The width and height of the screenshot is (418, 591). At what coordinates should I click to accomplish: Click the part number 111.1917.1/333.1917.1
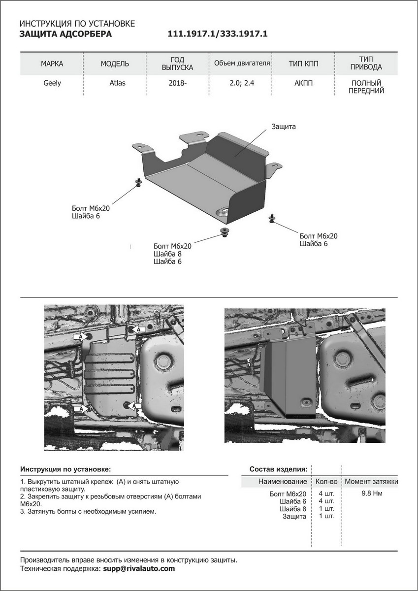coord(218,34)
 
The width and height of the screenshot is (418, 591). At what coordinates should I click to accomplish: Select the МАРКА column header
coord(52,64)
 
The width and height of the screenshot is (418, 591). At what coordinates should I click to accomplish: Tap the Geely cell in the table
coord(52,83)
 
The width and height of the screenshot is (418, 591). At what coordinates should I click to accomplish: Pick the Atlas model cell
coord(117,83)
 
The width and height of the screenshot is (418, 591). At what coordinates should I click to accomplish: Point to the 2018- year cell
coord(178,83)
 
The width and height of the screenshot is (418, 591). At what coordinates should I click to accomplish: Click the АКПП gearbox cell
coord(303,83)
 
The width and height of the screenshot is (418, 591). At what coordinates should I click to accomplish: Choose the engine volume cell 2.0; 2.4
coord(241,83)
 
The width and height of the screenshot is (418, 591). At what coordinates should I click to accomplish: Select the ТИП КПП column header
coord(303,64)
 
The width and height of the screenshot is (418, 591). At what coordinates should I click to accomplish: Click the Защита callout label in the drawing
coord(283,127)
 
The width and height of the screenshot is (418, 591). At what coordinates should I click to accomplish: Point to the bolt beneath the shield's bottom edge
coord(225,231)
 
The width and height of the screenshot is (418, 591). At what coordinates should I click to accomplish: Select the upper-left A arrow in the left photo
coord(80,336)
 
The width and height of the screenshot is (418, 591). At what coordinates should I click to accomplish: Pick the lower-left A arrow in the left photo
coord(81,408)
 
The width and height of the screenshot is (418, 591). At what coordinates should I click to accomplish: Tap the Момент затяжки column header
coord(371,481)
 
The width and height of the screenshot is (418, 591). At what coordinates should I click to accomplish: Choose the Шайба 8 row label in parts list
coord(293,508)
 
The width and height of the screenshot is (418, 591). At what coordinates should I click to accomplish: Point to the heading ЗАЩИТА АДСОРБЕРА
coord(65,34)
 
